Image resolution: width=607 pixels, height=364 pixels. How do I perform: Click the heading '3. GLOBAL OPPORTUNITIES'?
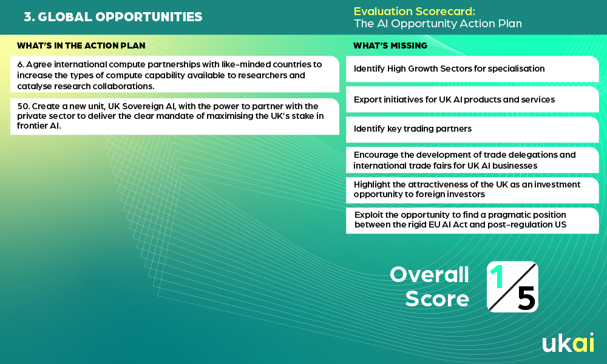(x=113, y=16)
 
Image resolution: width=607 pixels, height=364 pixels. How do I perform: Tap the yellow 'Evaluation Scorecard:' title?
(x=414, y=11)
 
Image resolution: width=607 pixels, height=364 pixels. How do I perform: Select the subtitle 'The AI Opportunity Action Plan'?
(x=438, y=24)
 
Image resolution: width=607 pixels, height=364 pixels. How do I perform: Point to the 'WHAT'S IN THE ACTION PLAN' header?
(x=81, y=45)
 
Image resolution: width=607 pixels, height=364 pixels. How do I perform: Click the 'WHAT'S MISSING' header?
(x=390, y=45)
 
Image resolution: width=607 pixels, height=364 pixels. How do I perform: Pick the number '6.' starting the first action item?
(x=21, y=64)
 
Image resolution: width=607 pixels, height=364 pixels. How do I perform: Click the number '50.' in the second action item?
(x=24, y=106)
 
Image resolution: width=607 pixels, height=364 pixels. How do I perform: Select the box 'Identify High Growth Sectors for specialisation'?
(x=472, y=69)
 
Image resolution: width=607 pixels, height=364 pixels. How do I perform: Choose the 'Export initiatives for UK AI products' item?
(x=472, y=99)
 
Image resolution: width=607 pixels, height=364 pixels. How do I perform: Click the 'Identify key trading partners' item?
(x=472, y=129)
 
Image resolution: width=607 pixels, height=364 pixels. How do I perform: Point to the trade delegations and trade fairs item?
(x=472, y=160)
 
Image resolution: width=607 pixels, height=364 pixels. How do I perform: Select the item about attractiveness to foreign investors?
(x=472, y=189)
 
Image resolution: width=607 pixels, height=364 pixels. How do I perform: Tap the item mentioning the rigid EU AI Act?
(x=472, y=220)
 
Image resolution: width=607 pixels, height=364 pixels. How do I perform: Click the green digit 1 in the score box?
(x=497, y=277)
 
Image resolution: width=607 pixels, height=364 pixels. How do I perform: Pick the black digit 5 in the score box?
(x=526, y=298)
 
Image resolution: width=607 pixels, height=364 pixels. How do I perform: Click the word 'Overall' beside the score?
(x=429, y=275)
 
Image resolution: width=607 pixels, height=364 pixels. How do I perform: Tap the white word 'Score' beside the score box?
(x=437, y=298)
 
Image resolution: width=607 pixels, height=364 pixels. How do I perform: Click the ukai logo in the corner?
(x=568, y=342)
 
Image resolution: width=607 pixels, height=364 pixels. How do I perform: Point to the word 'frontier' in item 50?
(x=32, y=126)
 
